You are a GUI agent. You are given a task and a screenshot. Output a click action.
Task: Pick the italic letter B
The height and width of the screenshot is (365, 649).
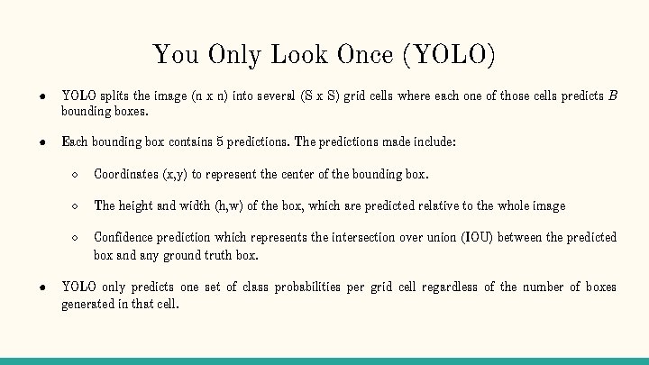coord(613,96)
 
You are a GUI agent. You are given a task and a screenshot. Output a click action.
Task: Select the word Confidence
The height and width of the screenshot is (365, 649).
coord(125,237)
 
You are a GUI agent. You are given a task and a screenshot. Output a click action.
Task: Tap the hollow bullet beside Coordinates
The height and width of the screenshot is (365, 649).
coord(77,174)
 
